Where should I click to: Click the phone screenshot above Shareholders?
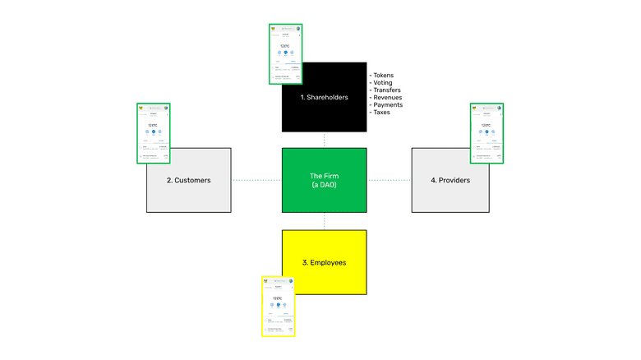point(286,53)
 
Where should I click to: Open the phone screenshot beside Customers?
point(154,133)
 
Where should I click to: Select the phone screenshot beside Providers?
point(487,133)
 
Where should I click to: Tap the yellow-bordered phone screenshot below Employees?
point(279,306)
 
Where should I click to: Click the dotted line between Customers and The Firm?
point(257,179)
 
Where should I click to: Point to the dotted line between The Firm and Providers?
point(389,179)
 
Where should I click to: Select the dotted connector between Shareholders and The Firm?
point(324,140)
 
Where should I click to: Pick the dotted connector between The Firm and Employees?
point(324,220)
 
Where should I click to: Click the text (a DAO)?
point(324,185)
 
